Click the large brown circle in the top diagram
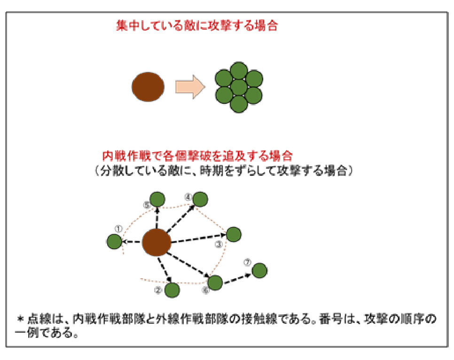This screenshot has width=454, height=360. coord(148,86)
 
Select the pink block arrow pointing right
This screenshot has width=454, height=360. coord(190,87)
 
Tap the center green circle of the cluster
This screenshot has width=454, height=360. coord(239,87)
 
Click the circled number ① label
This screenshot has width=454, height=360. coord(118,229)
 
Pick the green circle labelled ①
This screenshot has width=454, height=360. coord(114,241)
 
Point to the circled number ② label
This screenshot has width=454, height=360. coord(158,290)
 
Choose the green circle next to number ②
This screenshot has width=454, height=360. coord(172,290)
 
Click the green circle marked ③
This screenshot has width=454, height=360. coord(234,235)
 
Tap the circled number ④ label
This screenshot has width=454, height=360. coord(188,197)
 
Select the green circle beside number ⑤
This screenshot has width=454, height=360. coord(157,199)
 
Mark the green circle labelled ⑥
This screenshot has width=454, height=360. coord(215,282)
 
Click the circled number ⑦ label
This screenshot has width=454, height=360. coord(247,262)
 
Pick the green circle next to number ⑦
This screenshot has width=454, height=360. coord(259,271)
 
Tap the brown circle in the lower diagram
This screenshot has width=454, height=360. coord(157,242)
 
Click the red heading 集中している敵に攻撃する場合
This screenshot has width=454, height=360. coord(197,25)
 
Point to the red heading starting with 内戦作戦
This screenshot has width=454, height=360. coord(197,156)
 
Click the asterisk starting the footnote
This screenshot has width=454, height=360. coord(20,319)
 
